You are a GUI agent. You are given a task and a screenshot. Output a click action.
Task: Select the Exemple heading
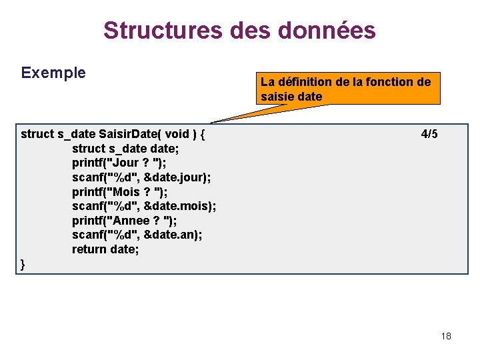pos(53,73)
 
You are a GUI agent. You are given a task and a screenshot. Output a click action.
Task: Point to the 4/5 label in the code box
pos(429,134)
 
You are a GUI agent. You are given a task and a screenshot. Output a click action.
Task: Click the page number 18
pos(446,336)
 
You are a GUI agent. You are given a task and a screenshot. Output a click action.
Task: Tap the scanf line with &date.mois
pos(144,206)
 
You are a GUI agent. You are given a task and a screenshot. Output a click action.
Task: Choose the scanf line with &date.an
pos(137,235)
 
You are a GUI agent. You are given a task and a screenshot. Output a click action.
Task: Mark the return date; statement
pos(105,249)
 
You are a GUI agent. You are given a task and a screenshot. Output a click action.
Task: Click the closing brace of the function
pos(23,264)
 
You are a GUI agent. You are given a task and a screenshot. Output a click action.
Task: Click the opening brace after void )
pos(203,134)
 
